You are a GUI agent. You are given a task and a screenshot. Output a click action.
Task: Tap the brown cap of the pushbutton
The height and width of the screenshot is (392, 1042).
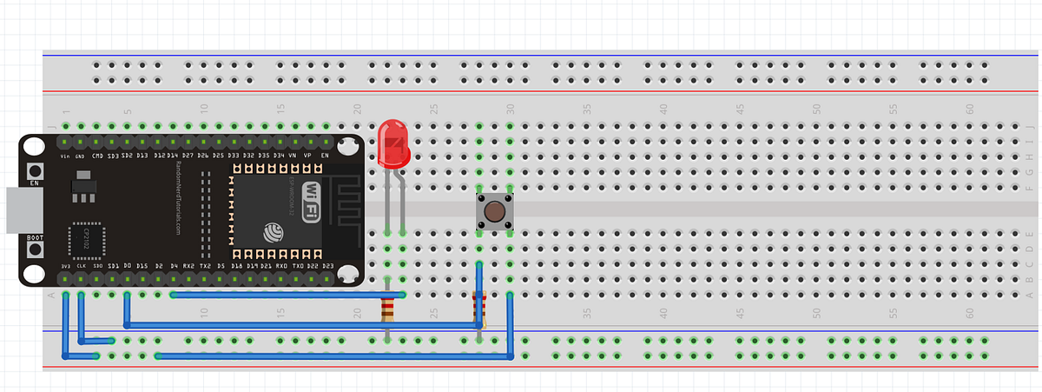[494, 212]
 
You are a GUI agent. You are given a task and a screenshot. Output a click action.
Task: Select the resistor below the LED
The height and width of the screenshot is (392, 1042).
[388, 309]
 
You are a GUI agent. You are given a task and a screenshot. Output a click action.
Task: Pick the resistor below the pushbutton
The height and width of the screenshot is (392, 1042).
[478, 308]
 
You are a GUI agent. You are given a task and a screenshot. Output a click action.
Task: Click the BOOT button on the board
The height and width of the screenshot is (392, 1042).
[35, 249]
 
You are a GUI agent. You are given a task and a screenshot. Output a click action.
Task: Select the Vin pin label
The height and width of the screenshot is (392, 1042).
[65, 156]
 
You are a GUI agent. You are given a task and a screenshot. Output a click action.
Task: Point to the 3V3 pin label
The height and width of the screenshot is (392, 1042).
[65, 265]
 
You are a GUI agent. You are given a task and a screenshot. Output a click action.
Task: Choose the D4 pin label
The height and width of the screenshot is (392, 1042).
[174, 265]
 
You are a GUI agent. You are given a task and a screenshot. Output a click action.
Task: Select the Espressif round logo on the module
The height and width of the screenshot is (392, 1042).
[273, 231]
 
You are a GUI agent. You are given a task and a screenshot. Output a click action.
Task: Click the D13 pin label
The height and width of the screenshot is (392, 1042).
[143, 156]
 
